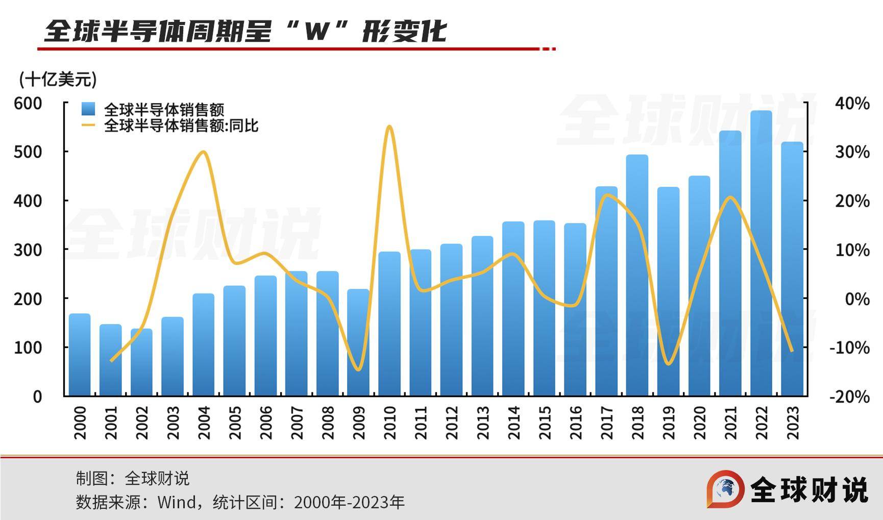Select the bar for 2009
tap(358, 342)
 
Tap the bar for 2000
tap(80, 354)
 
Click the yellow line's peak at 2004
tap(203, 152)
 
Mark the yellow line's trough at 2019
tap(669, 364)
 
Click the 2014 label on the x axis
tap(513, 423)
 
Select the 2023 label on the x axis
tap(793, 423)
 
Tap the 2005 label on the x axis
tap(235, 423)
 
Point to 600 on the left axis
tap(28, 103)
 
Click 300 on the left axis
tap(28, 250)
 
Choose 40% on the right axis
tap(852, 104)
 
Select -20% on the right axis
tap(849, 397)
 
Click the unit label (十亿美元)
tap(58, 79)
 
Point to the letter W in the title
tap(316, 32)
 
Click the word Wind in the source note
tap(177, 502)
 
